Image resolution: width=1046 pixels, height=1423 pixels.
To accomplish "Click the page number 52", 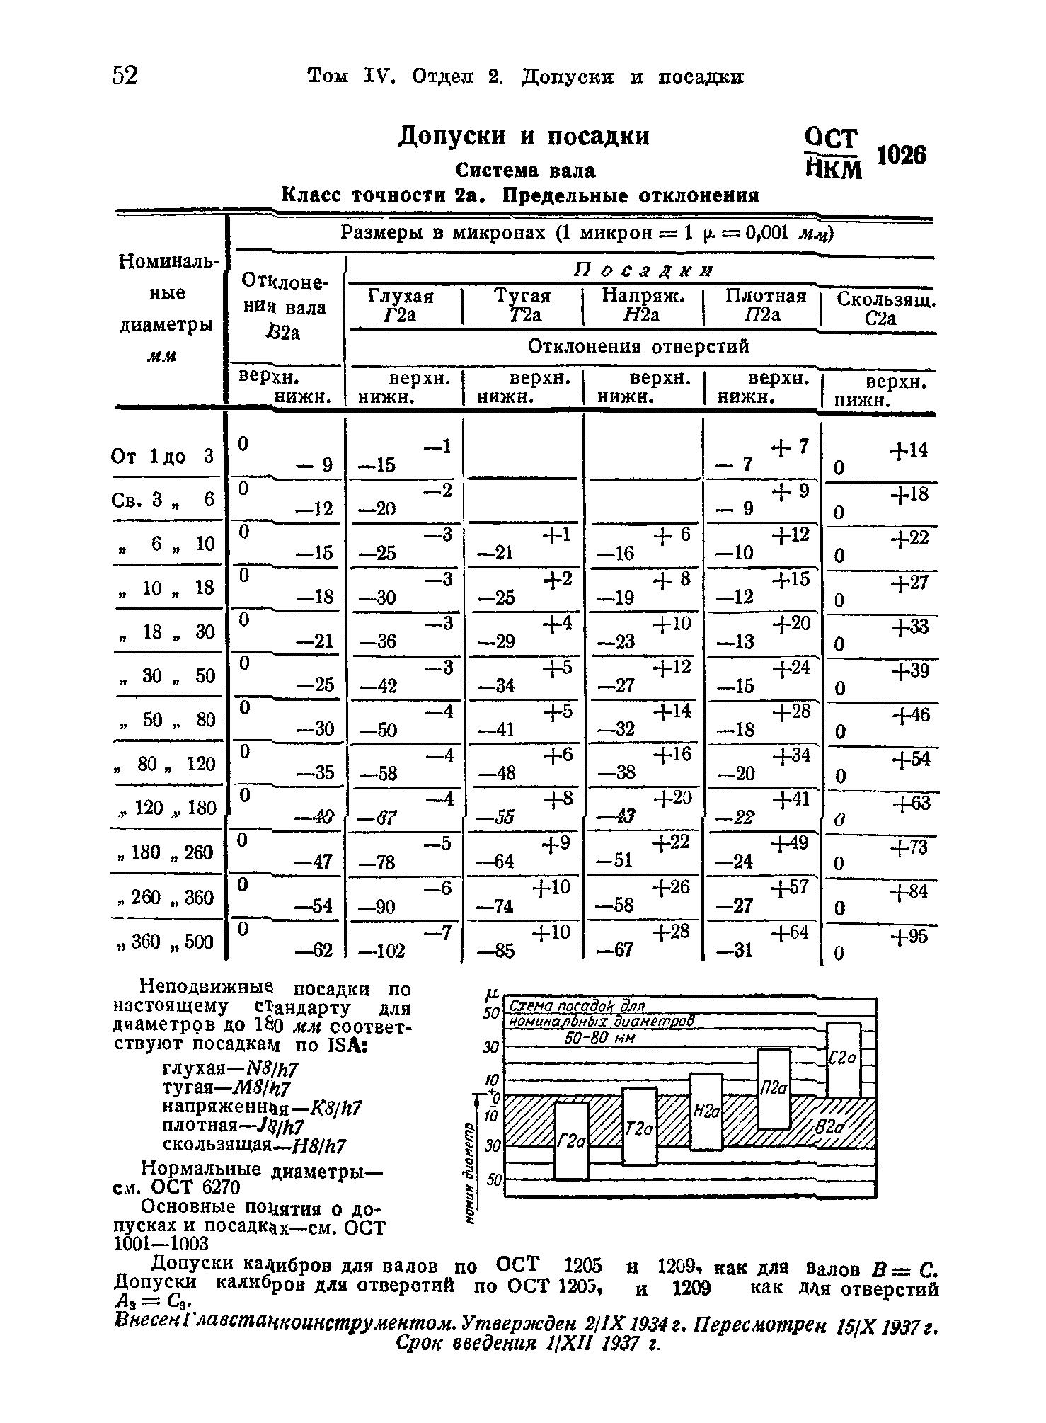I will click(x=125, y=75).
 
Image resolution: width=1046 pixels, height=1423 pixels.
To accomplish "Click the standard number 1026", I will click(x=901, y=155).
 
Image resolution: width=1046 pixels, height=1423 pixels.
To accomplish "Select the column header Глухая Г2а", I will click(x=401, y=305).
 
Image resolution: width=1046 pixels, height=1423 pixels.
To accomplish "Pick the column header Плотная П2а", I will click(x=766, y=305).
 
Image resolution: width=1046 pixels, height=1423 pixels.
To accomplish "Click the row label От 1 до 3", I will click(x=163, y=457).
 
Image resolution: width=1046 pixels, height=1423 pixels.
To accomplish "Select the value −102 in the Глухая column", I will click(x=383, y=951).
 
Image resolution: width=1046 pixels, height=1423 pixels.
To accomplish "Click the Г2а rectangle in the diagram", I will click(x=571, y=1141).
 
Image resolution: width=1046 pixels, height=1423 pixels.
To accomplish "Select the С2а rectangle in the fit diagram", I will click(x=843, y=1059).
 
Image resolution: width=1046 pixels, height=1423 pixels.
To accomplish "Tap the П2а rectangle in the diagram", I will click(x=774, y=1089).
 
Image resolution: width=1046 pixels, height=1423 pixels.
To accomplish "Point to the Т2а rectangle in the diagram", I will click(x=639, y=1126).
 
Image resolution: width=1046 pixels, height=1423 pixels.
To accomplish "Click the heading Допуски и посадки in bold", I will click(x=523, y=135).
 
